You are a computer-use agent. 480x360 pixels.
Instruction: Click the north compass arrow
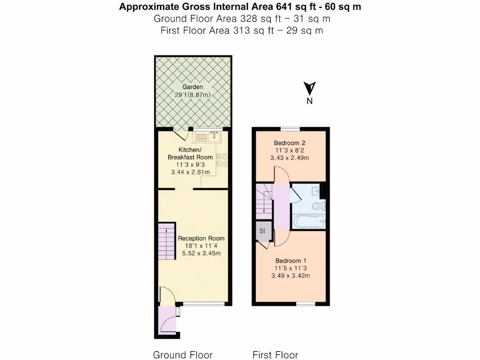pos(309,89)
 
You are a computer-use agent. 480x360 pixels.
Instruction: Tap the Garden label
pos(193,87)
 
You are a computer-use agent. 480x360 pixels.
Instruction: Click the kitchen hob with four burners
pos(222,160)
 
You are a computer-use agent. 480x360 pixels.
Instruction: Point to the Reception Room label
pos(201,239)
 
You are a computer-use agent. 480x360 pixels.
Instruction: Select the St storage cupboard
pos(262,231)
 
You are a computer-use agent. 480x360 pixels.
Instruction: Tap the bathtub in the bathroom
pos(307,222)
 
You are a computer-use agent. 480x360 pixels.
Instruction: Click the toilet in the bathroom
pos(319,206)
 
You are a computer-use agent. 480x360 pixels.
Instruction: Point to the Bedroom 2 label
pos(290,143)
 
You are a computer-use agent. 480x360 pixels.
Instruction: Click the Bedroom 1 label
pos(291,261)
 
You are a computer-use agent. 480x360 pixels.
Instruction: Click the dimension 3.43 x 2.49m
pos(290,158)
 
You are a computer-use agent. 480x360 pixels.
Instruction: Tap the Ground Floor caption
pos(183,355)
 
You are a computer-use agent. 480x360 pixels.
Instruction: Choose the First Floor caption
pos(275,355)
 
